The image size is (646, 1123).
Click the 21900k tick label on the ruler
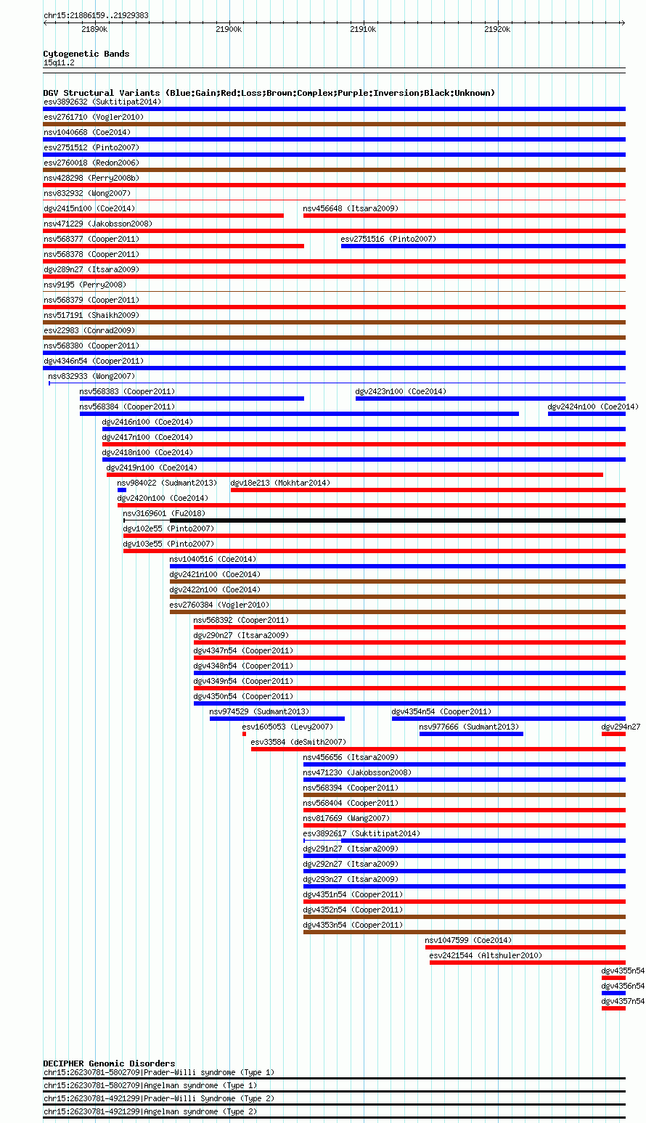[x=229, y=30]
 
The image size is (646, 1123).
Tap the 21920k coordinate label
[x=497, y=30]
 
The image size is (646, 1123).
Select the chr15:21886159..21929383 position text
[x=97, y=15]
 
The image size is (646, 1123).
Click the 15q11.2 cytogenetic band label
[x=59, y=62]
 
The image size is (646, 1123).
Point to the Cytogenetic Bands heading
[x=86, y=54]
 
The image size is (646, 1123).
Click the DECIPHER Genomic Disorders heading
[x=110, y=1063]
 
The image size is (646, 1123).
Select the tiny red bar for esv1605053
[x=244, y=734]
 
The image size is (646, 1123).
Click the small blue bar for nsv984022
[x=122, y=490]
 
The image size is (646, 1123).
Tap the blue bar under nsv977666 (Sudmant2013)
[x=471, y=734]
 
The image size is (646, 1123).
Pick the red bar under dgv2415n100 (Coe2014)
[x=163, y=216]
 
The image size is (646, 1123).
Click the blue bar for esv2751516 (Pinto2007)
[x=483, y=246]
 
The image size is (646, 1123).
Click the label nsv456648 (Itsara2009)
[x=351, y=208]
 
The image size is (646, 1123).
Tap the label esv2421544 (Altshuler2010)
[x=486, y=955]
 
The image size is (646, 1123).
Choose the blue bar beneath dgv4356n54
[x=613, y=993]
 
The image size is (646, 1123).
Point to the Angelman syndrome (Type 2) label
[x=200, y=1111]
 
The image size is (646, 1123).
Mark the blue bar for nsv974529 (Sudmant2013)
[x=277, y=719]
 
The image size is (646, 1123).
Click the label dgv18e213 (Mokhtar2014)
[x=280, y=483]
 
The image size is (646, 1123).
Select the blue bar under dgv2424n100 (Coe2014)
[x=586, y=414]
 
